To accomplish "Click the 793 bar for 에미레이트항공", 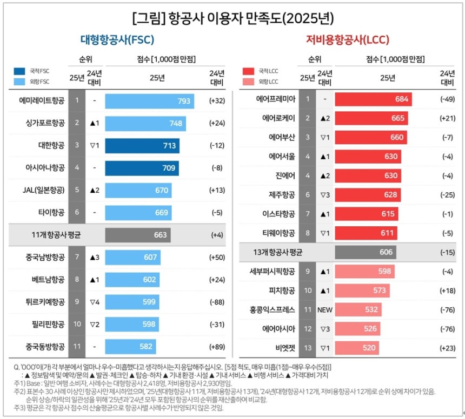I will [x=149, y=100].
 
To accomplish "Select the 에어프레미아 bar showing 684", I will [x=373, y=99].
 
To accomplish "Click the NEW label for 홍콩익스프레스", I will [x=325, y=310].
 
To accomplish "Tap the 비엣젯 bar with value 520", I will [x=356, y=348].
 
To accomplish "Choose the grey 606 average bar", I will [x=366, y=252].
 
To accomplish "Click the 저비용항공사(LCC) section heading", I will [x=348, y=39].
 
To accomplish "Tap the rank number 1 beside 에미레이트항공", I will [x=77, y=100].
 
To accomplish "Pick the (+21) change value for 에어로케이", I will [x=447, y=118].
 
